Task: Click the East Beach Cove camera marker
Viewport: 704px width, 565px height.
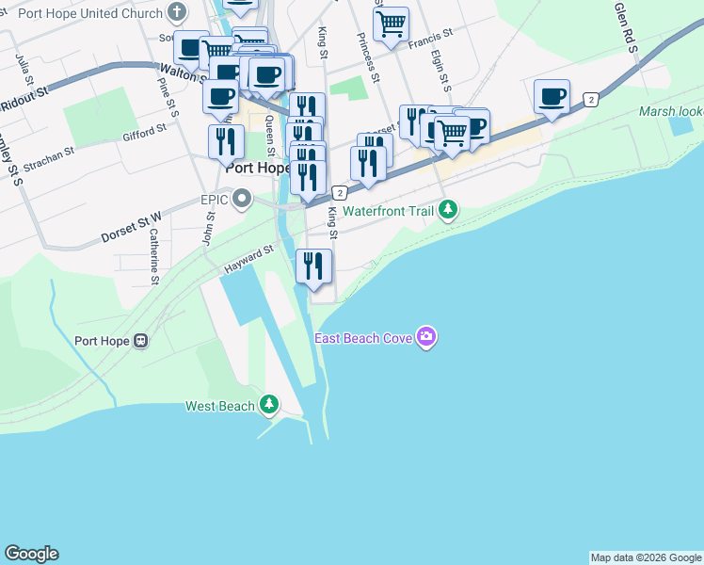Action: coord(426,337)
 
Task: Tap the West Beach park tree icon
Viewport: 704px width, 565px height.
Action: coord(270,405)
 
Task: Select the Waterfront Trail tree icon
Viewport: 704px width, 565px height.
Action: coord(449,210)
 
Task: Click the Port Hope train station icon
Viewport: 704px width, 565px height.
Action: coord(140,341)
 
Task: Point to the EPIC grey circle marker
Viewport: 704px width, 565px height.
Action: coord(243,199)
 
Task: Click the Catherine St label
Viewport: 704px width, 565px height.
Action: coord(153,258)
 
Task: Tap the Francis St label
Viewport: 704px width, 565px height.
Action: coord(430,37)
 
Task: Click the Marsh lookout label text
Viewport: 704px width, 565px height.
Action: coord(670,111)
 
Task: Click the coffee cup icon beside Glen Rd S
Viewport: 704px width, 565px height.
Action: coord(552,97)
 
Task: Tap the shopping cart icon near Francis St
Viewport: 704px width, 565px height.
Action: coord(391,24)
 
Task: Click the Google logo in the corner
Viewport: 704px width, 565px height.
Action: coord(31,554)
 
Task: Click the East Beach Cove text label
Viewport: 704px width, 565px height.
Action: coord(364,338)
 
